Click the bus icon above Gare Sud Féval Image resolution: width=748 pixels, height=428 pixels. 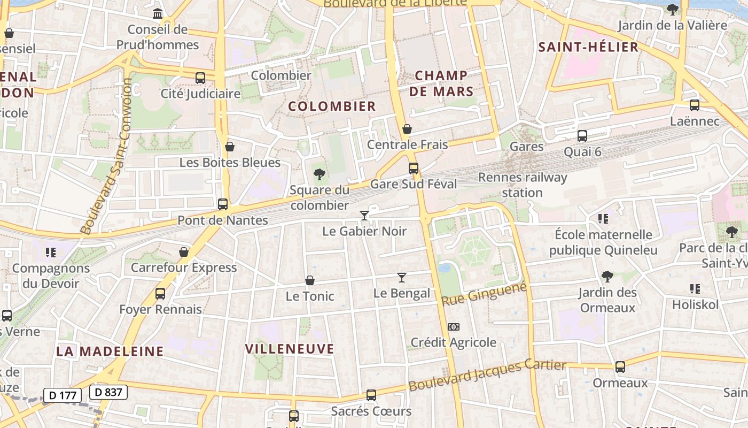point(413,169)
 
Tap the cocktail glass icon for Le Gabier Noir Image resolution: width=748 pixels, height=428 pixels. point(364,216)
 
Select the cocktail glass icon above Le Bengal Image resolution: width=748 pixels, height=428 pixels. point(402,277)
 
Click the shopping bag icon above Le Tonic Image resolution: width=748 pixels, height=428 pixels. point(309,280)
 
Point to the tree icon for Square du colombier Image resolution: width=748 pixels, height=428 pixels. point(319,174)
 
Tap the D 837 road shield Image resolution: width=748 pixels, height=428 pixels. point(108,392)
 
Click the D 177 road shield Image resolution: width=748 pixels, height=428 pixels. point(62,395)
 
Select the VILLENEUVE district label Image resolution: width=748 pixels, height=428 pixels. point(290,349)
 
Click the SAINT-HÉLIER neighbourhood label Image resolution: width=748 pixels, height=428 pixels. point(588,47)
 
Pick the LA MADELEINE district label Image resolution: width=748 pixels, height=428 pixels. point(110,351)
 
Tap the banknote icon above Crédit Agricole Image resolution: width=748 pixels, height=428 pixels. point(453,327)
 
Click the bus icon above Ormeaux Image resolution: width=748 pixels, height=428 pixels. point(620,367)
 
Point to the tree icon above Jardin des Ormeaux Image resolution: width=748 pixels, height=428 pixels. point(607,277)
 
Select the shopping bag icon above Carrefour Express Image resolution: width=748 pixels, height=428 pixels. point(184,252)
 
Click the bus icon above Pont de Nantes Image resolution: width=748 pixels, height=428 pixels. point(223,204)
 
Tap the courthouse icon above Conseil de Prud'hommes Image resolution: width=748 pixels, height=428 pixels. point(158,13)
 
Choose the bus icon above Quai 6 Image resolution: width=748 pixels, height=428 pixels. point(582,136)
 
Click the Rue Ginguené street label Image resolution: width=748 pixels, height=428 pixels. point(485,294)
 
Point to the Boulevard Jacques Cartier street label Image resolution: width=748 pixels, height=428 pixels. point(487,376)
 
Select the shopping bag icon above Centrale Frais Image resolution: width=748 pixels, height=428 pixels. point(407,129)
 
